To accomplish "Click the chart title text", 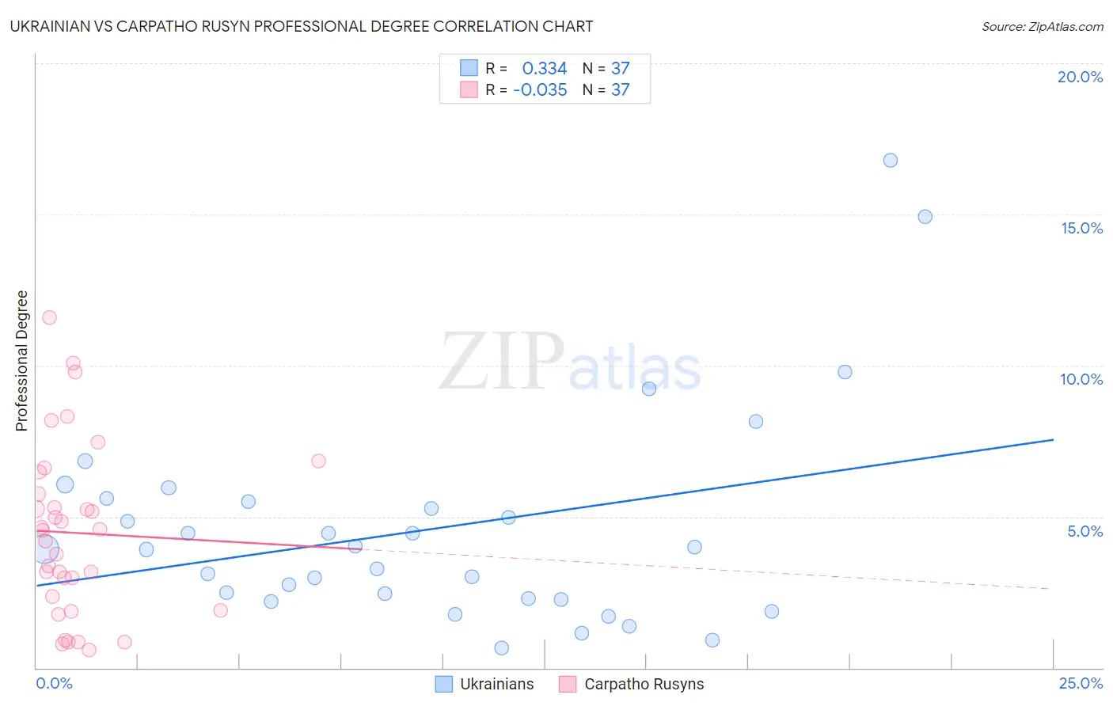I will pyautogui.click(x=302, y=26).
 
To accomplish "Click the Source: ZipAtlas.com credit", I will pyautogui.click(x=1042, y=27).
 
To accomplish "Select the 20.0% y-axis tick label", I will pyautogui.click(x=1080, y=77).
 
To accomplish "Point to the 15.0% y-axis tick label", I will pyautogui.click(x=1081, y=228).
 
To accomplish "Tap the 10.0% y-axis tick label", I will pyautogui.click(x=1081, y=379).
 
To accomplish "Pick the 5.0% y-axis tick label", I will pyautogui.click(x=1085, y=531).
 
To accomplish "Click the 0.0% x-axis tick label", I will pyautogui.click(x=54, y=683).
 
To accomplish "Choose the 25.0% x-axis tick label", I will pyautogui.click(x=1081, y=683).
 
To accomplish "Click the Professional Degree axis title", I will pyautogui.click(x=21, y=361).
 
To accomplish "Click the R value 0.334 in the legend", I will pyautogui.click(x=545, y=69).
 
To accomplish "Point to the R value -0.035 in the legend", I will pyautogui.click(x=540, y=90).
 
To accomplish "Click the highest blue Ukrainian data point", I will pyautogui.click(x=891, y=160).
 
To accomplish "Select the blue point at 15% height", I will pyautogui.click(x=925, y=217).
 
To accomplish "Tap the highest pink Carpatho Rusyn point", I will pyautogui.click(x=49, y=317).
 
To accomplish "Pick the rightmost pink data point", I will pyautogui.click(x=318, y=461).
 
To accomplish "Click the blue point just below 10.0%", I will pyautogui.click(x=845, y=372).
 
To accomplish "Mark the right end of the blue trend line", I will pyautogui.click(x=1053, y=439).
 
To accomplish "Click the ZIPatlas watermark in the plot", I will pyautogui.click(x=570, y=362).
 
